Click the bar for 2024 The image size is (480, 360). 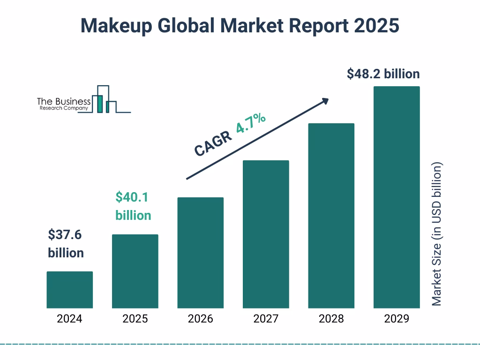coord(70,290)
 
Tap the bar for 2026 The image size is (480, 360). coord(200,253)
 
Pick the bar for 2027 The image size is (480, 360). coord(266,234)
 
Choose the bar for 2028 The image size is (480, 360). coord(331,216)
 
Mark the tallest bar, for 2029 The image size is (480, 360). coord(397,197)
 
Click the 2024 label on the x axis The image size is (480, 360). coord(70,319)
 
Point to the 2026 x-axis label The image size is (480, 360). coord(200,319)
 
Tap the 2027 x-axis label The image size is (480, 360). coord(266,319)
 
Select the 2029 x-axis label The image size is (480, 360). coord(397,319)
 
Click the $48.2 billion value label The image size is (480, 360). coord(383,74)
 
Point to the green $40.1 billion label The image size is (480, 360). coord(133,206)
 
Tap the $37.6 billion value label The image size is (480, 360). coord(66,244)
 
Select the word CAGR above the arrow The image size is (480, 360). coord(213,143)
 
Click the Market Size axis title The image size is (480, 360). coord(437,234)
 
